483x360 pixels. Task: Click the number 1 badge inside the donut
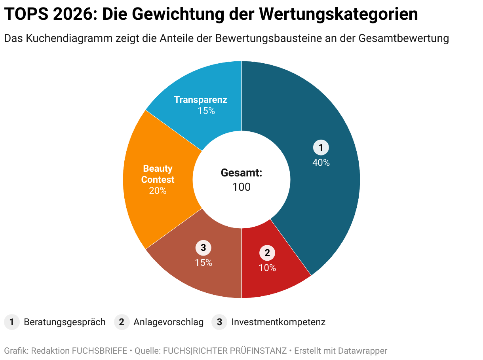tap(321, 148)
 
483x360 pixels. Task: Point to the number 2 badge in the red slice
tap(267, 253)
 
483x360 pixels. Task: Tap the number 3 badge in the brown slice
tap(203, 248)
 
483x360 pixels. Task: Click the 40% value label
tap(321, 163)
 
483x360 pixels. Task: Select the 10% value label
tap(267, 268)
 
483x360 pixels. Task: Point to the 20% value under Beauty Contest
tap(158, 191)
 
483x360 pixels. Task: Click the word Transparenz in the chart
tap(200, 100)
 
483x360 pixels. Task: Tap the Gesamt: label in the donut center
tap(241, 173)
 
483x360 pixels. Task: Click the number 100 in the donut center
tap(241, 187)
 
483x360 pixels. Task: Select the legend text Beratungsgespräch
tap(65, 322)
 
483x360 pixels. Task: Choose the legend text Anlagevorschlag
tap(169, 322)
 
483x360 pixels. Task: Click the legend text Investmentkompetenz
tap(278, 322)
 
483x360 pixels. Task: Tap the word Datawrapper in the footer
tap(363, 351)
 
